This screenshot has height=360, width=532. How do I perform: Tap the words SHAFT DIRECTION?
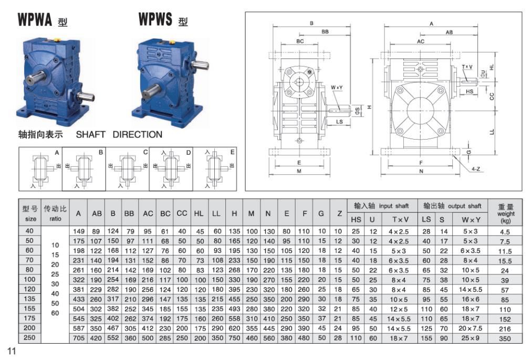point(119,134)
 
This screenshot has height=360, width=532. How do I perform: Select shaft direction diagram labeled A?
point(40,168)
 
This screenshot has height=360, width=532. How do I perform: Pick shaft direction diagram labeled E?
point(215,168)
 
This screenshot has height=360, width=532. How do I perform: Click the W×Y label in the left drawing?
point(337,87)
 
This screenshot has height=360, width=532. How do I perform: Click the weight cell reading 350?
point(505,338)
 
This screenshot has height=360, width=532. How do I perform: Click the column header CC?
point(182,214)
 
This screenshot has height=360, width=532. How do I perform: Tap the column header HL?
point(199,214)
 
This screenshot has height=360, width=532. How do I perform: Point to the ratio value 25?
point(55,274)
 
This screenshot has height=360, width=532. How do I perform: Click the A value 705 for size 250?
point(78,338)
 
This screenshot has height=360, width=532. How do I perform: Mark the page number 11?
point(12,351)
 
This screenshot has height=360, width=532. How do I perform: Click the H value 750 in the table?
point(234,338)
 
